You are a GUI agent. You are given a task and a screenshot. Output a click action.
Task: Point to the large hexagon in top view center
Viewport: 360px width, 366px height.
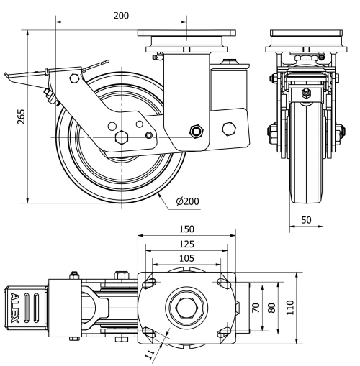187,308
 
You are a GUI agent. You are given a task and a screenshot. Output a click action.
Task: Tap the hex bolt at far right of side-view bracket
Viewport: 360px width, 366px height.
230,129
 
